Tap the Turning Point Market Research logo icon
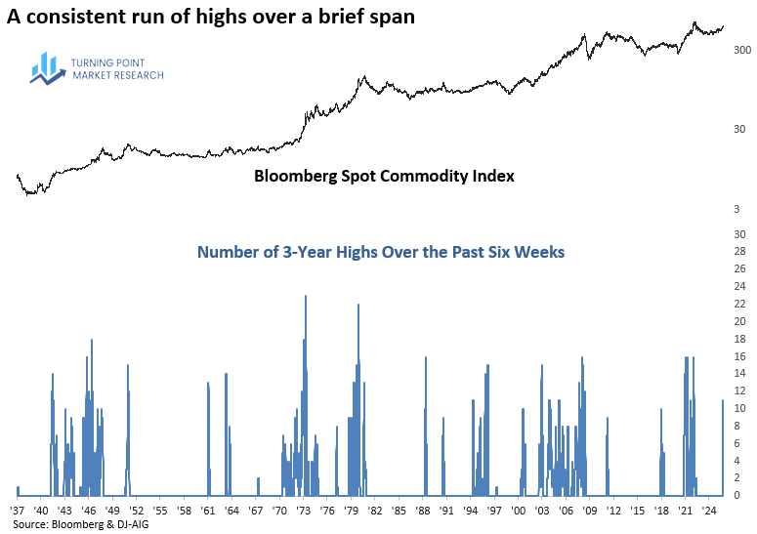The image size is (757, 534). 47,67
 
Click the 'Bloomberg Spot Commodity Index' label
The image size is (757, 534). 384,177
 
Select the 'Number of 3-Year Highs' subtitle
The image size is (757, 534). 380,252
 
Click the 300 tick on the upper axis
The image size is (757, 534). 741,49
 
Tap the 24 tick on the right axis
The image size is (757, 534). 741,287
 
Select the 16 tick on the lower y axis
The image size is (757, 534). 741,356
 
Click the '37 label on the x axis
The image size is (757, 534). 17,511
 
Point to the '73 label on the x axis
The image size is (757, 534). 304,511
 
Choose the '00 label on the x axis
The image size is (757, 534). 518,511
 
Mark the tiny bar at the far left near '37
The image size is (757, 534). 18,491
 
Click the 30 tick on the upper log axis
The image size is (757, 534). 741,129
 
